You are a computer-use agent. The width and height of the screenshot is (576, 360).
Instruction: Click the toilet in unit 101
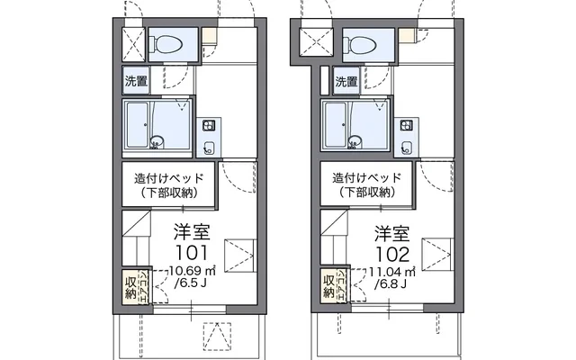pyautogui.click(x=167, y=41)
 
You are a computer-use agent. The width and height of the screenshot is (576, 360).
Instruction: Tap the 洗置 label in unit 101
pyautogui.click(x=136, y=81)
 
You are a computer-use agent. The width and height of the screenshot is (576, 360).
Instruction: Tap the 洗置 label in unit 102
pyautogui.click(x=346, y=82)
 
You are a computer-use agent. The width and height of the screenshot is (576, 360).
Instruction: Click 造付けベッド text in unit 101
pyautogui.click(x=169, y=177)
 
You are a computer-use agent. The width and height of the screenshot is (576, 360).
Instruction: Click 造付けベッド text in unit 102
pyautogui.click(x=368, y=177)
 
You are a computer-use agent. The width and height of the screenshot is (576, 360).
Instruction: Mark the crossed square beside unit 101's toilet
pyautogui.click(x=131, y=42)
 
